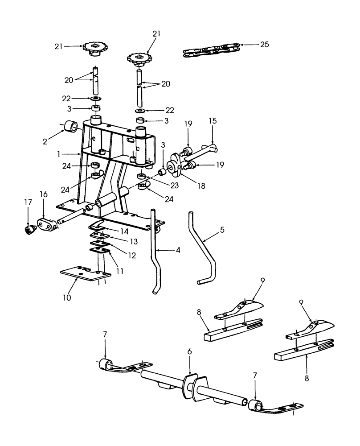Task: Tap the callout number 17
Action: click(28, 202)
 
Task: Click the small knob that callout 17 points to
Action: click(30, 229)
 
